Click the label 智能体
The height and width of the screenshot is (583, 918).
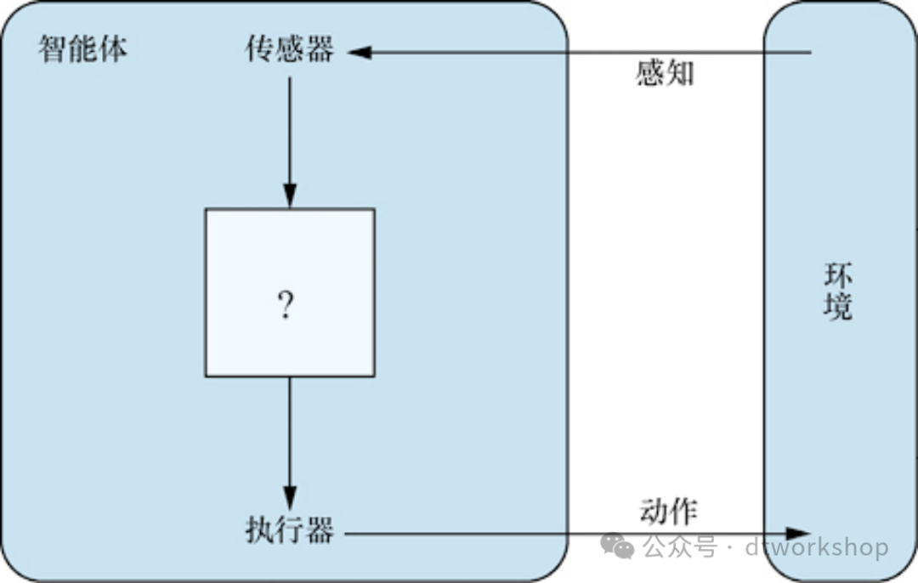click(x=82, y=49)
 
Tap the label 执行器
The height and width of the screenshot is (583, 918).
click(x=290, y=532)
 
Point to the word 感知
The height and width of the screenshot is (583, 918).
click(x=665, y=74)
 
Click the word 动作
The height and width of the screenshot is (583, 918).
click(x=668, y=511)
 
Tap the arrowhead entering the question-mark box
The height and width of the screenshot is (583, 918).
click(x=290, y=198)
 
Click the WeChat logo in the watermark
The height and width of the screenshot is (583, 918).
click(x=618, y=546)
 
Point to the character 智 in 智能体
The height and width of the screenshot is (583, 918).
click(x=53, y=49)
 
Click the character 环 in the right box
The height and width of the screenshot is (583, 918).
click(x=837, y=276)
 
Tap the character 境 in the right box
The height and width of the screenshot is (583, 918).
click(x=837, y=307)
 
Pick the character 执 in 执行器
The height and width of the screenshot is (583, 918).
click(x=259, y=532)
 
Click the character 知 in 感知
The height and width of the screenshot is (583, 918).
click(x=680, y=74)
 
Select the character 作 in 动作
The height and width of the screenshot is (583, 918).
click(x=683, y=511)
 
